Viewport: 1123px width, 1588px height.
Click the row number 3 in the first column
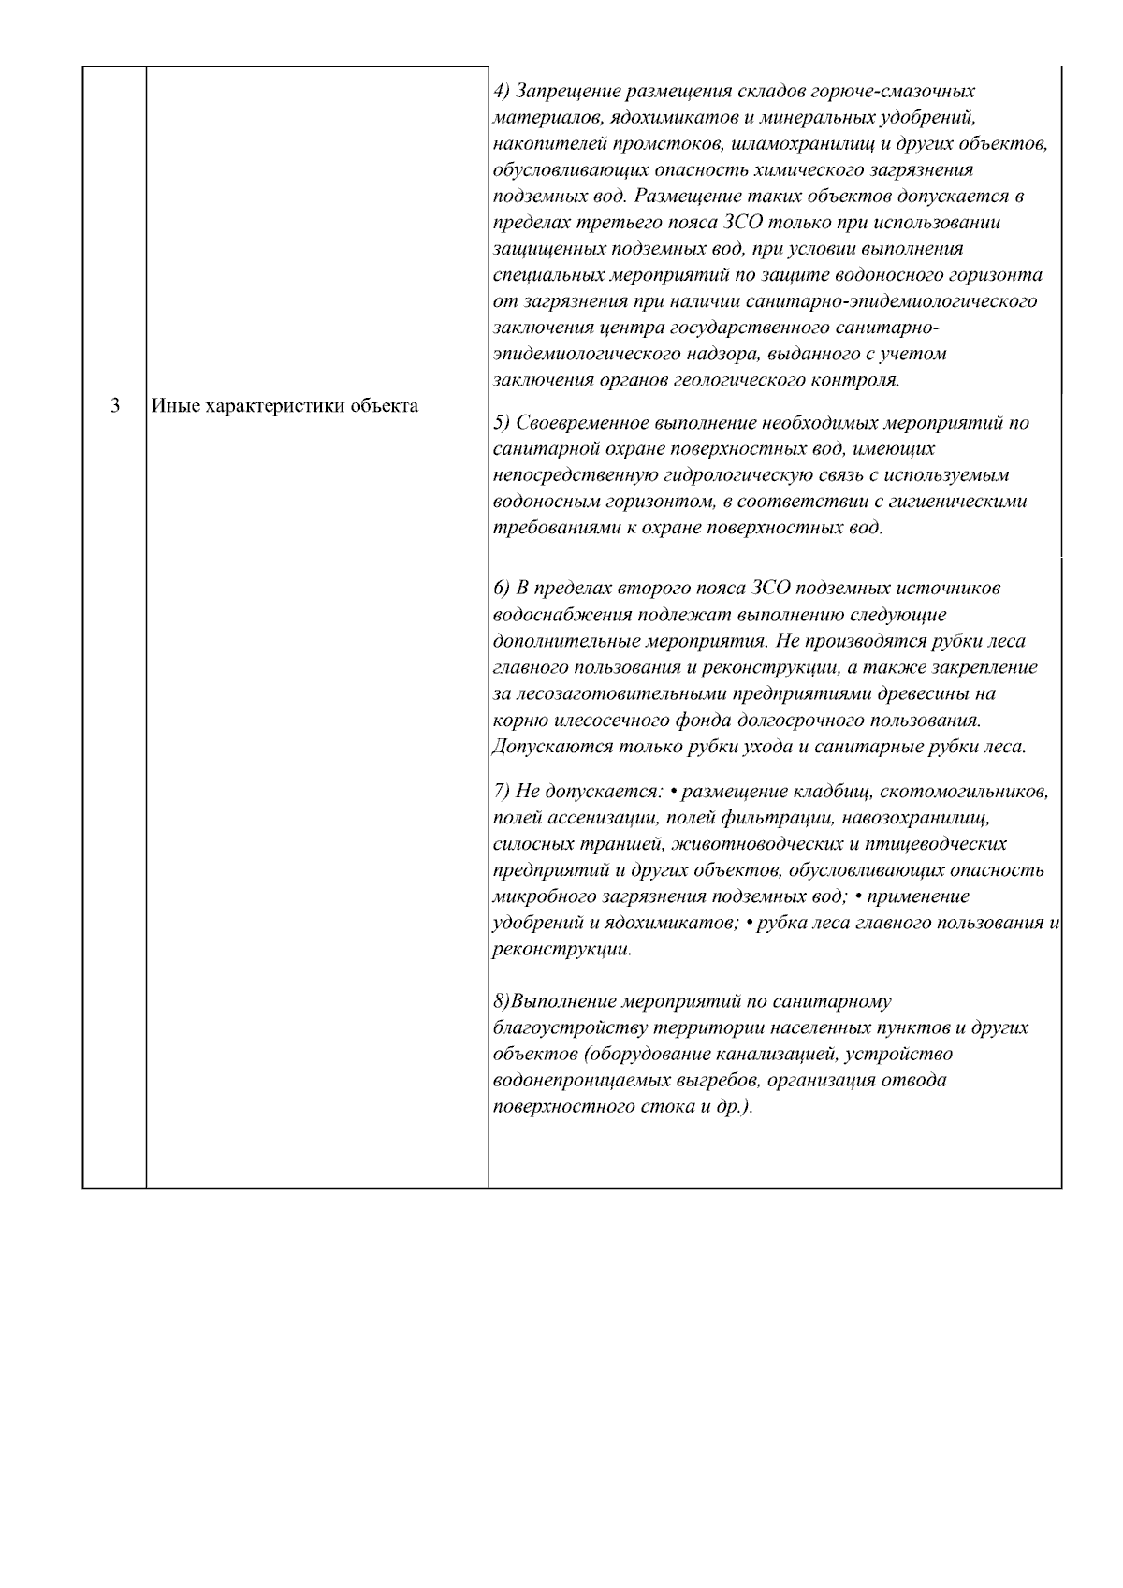[114, 406]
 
